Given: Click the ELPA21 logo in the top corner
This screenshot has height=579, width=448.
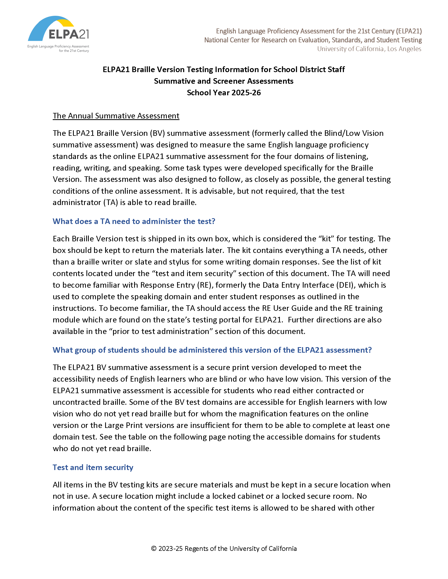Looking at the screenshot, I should coord(59,34).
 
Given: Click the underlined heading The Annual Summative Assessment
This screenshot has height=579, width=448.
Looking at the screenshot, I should coord(116,116).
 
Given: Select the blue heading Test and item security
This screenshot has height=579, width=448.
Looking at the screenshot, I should coord(92,467).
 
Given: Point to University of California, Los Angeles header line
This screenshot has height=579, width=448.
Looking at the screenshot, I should coord(369,49).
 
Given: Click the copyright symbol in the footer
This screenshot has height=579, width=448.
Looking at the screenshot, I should coord(154,548).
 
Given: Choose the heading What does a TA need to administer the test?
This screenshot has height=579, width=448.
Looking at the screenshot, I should coord(134,221).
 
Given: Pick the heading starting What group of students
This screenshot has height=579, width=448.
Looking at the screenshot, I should coord(212,350).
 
